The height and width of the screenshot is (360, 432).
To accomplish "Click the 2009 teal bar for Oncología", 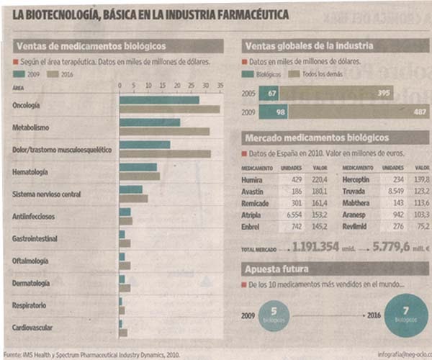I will (x=158, y=100).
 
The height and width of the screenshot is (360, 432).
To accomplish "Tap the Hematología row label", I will (x=30, y=172).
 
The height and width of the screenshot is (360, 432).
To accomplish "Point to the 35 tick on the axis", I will (x=220, y=86).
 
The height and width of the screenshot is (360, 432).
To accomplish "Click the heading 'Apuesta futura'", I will (x=276, y=269).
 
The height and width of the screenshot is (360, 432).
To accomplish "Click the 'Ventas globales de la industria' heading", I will (x=308, y=46).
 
